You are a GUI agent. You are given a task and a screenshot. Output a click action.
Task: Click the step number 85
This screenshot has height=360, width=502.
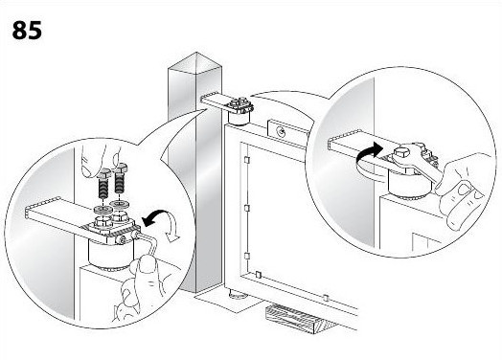[x=27, y=30]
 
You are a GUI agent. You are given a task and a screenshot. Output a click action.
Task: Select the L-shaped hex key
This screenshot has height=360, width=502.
[x=148, y=245]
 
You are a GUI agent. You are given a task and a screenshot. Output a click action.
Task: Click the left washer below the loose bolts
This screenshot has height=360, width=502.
[x=103, y=210]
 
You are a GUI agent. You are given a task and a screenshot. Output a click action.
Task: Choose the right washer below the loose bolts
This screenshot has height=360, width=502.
[x=119, y=204]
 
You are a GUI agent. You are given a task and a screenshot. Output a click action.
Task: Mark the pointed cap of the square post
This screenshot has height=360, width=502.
[x=194, y=62]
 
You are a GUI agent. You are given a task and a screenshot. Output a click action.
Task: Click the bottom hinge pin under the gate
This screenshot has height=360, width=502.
[x=238, y=293]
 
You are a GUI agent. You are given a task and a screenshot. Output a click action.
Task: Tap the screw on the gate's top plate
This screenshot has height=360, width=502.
[x=282, y=131]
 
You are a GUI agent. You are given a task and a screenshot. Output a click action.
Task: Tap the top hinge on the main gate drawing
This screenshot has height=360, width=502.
[x=239, y=110]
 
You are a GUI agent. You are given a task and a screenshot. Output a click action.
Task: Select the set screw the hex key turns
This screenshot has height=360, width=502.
[x=123, y=239]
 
